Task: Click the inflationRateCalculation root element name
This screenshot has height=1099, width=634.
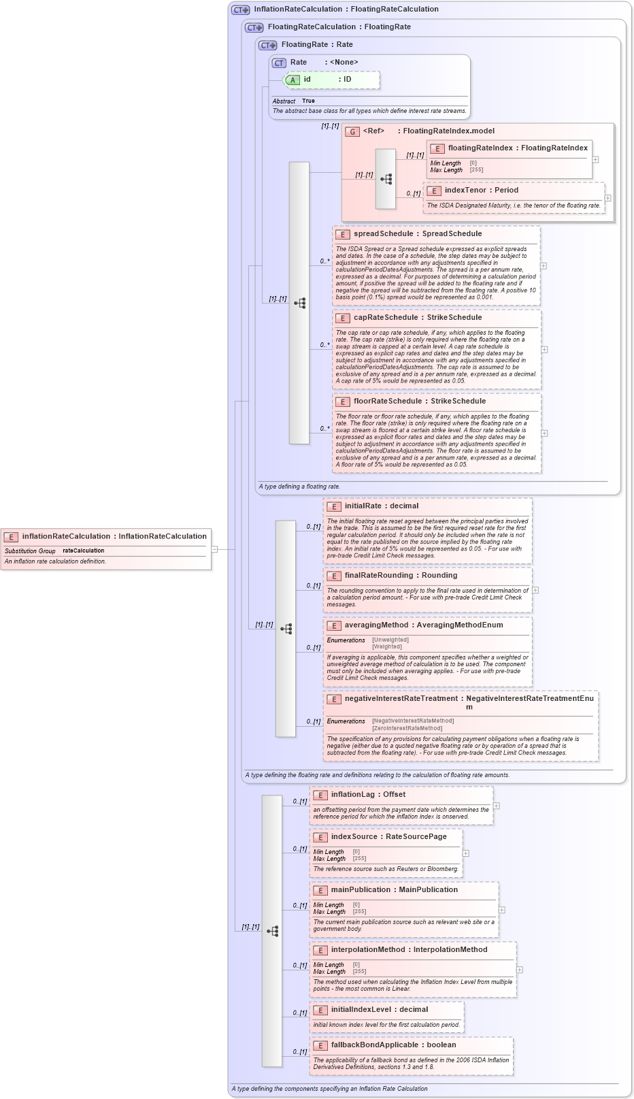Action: click(x=66, y=536)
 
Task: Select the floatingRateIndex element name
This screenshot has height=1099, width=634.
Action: click(x=480, y=148)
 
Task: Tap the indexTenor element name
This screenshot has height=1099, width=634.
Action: click(x=465, y=190)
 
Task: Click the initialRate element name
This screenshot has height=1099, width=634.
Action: click(x=363, y=506)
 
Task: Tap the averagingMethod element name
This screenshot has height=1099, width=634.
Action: click(x=376, y=625)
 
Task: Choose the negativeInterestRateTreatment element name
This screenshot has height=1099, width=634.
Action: click(x=401, y=698)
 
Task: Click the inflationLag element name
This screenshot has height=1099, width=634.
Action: click(x=353, y=794)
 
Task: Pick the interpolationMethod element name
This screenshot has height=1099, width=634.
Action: click(x=371, y=949)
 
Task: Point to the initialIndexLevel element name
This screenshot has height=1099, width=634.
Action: click(x=361, y=1009)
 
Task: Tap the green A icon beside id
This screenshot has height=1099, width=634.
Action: click(x=293, y=80)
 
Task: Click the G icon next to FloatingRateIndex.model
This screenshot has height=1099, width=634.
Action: click(x=352, y=131)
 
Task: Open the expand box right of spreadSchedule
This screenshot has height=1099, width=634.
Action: click(x=544, y=266)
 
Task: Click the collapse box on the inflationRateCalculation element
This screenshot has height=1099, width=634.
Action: click(x=214, y=548)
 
